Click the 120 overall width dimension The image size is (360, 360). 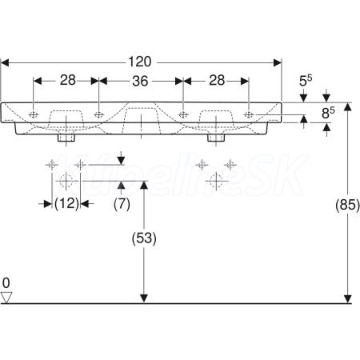click(x=140, y=62)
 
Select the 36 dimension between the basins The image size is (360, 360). click(x=140, y=81)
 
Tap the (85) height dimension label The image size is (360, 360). click(x=347, y=205)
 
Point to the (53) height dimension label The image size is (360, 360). click(x=144, y=238)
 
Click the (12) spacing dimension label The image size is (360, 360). click(x=66, y=204)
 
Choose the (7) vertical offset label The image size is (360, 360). click(x=122, y=204)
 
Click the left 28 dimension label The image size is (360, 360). click(x=68, y=80)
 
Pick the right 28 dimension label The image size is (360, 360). click(x=217, y=80)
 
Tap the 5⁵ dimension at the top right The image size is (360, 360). click(x=306, y=81)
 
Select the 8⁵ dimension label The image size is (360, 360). click(x=328, y=113)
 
